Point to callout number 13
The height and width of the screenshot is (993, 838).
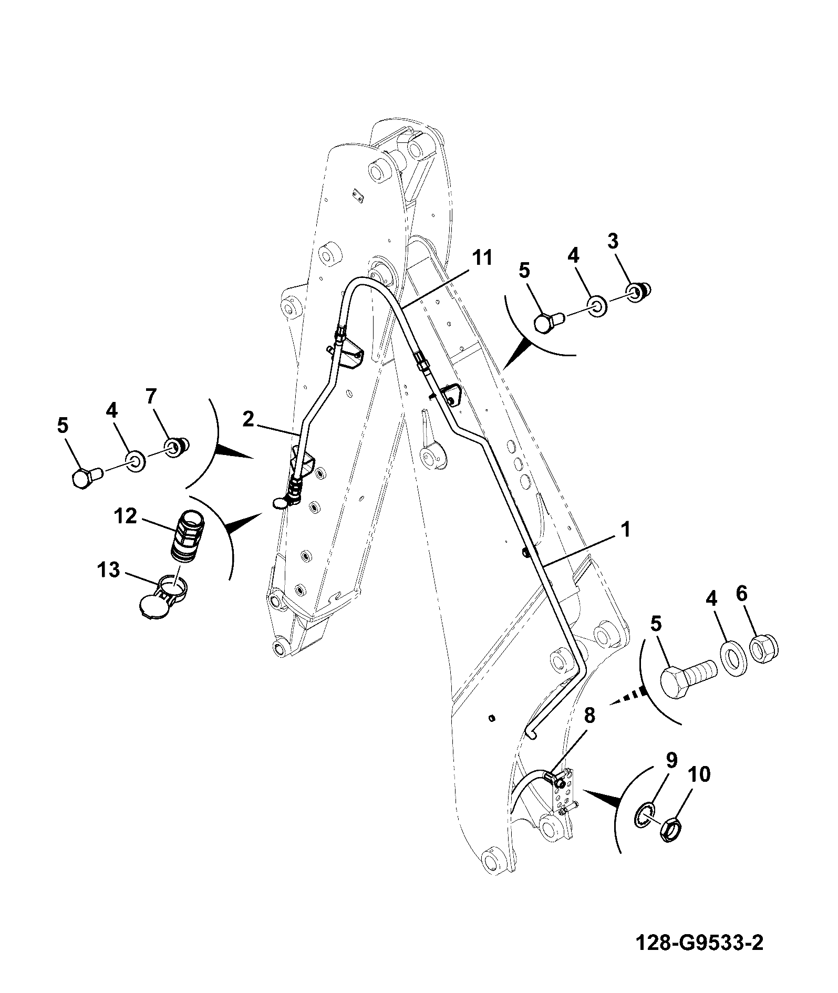[x=109, y=570]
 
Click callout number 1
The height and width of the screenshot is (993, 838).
[x=625, y=530]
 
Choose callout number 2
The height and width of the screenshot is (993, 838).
[x=249, y=419]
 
